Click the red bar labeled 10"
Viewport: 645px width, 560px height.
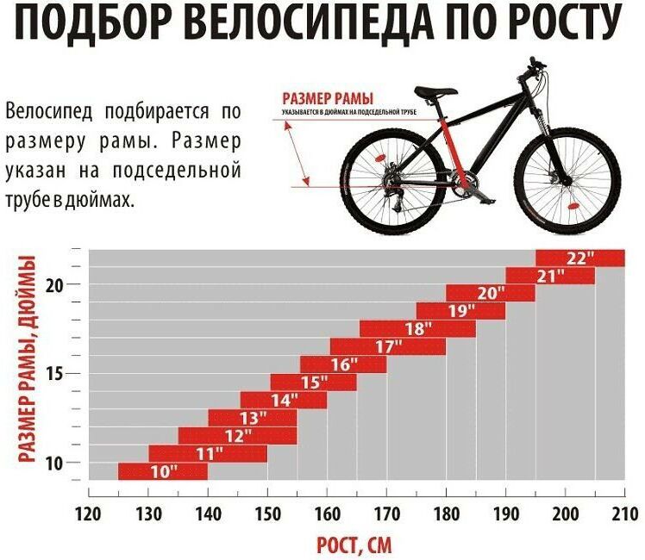[x=162, y=471]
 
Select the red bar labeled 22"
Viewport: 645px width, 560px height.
[x=579, y=258]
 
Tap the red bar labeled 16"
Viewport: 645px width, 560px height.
[x=343, y=364]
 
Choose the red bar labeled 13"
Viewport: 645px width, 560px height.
[x=253, y=418]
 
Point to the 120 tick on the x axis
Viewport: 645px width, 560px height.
[x=89, y=514]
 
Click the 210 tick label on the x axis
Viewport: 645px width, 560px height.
[x=623, y=514]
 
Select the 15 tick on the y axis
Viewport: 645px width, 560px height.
[x=54, y=374]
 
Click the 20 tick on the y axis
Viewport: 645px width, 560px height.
[x=54, y=285]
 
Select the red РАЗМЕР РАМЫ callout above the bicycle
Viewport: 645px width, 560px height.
[x=317, y=98]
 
